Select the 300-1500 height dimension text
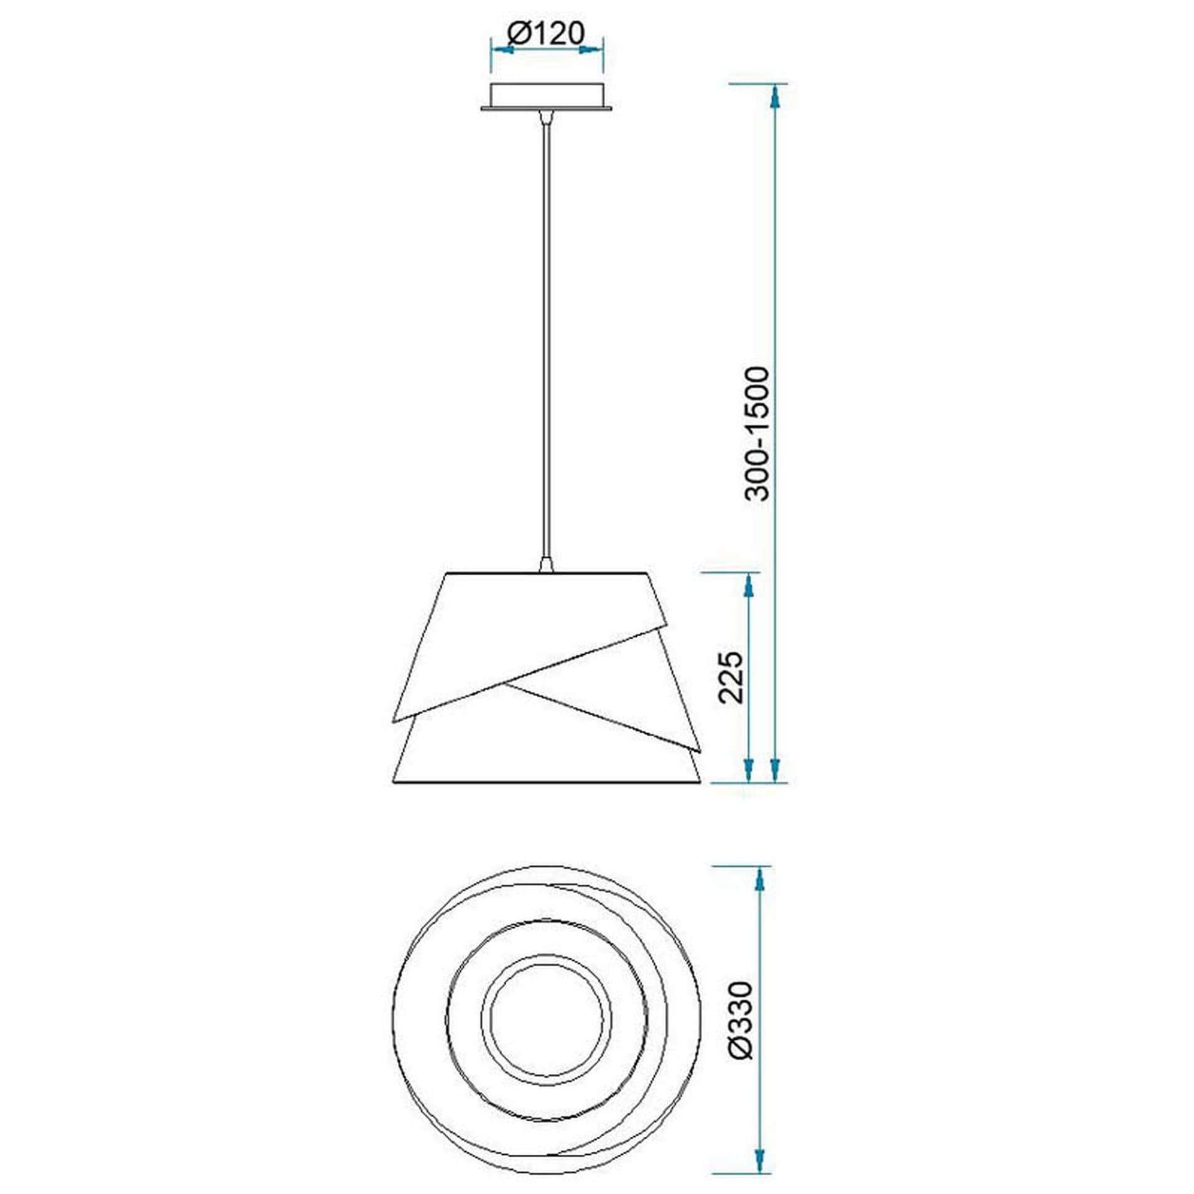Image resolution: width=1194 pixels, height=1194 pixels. coord(758,433)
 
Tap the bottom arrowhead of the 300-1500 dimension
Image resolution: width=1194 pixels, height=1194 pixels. coord(774,770)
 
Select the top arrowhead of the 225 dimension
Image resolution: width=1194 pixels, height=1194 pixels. coord(749,585)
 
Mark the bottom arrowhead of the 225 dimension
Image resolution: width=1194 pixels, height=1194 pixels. coord(749,770)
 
